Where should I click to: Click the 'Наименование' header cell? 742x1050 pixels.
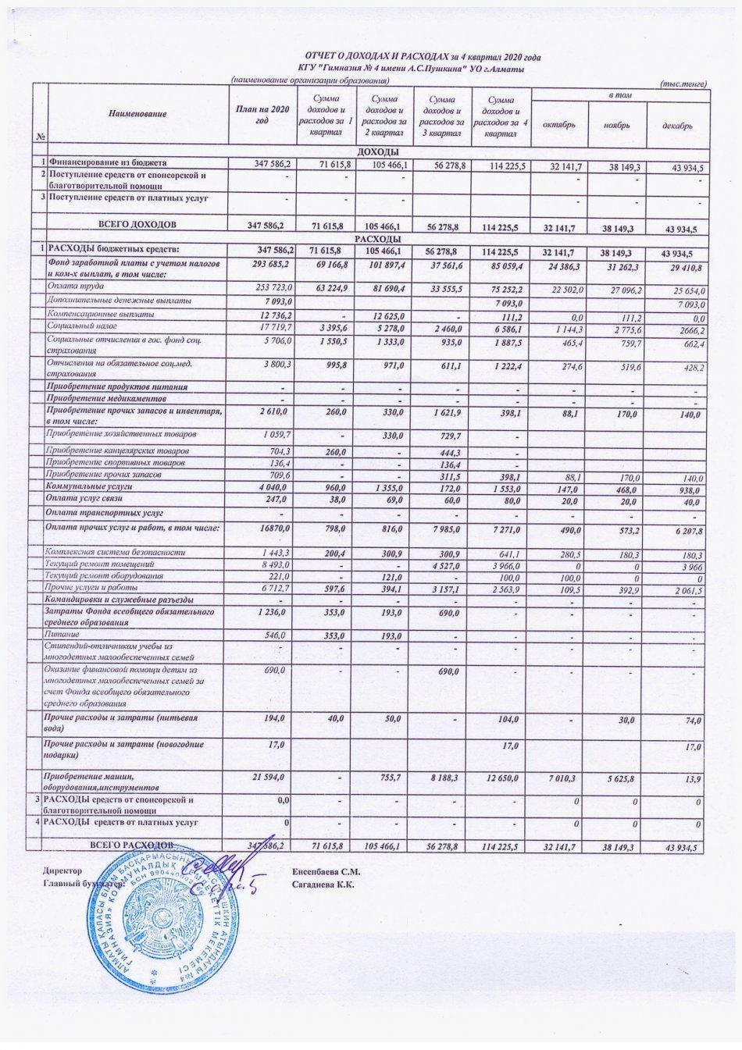(x=137, y=114)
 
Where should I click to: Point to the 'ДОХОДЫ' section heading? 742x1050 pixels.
(x=378, y=151)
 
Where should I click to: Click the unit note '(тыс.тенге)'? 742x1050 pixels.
(x=683, y=83)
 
